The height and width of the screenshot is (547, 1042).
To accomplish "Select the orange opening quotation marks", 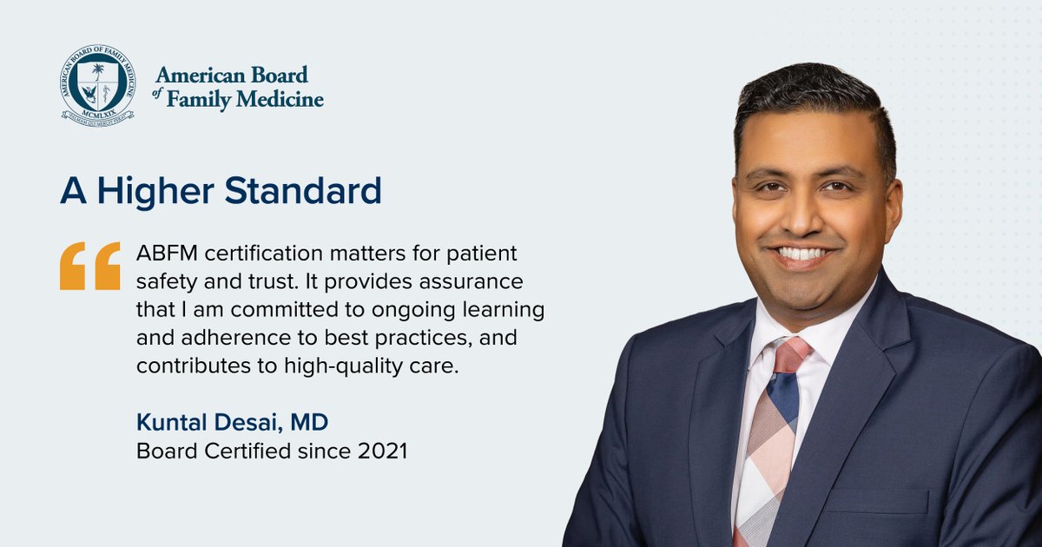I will click(x=90, y=265).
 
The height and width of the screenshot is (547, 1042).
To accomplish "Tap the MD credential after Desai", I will click(x=312, y=424).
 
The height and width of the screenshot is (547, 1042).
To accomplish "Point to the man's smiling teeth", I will click(x=803, y=253).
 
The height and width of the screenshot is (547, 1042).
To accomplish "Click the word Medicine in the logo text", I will click(x=280, y=100).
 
